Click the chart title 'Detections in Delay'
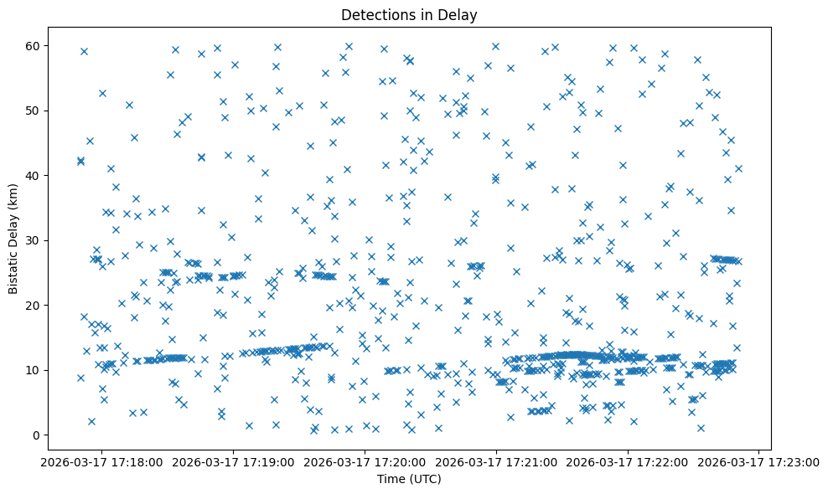click(409, 14)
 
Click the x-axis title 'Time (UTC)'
click(409, 479)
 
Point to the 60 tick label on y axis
click(40, 45)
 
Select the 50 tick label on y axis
click(40, 111)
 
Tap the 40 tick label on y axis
click(40, 175)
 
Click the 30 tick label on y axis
click(40, 240)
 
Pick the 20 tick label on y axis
click(40, 305)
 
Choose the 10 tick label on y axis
click(40, 370)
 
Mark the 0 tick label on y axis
click(44, 435)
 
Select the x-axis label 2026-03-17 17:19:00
click(234, 462)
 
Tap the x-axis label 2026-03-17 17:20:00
click(365, 462)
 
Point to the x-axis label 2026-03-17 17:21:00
click(497, 462)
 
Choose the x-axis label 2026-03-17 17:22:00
click(628, 462)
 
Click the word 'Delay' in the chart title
click(460, 14)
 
